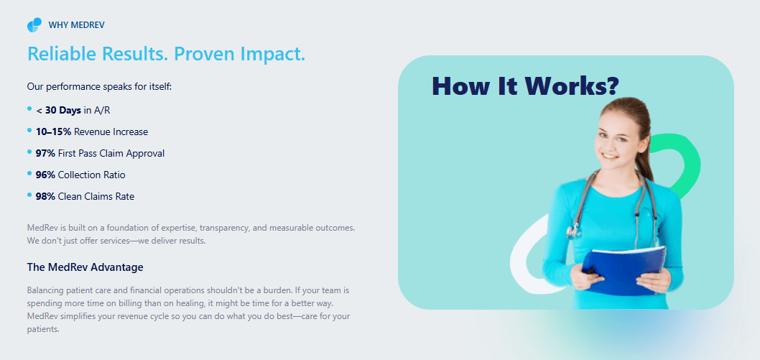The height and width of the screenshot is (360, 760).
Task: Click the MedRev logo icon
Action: [34, 24]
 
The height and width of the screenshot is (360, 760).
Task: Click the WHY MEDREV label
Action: [77, 24]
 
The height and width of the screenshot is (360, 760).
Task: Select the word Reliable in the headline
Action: [58, 53]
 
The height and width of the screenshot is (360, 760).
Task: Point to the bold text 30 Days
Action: [63, 111]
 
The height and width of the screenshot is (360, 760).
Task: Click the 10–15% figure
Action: [53, 131]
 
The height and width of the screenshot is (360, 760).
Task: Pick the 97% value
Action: [45, 154]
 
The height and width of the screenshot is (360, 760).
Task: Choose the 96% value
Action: [45, 175]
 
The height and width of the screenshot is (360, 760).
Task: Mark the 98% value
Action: [45, 197]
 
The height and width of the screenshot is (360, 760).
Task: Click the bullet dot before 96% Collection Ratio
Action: [29, 173]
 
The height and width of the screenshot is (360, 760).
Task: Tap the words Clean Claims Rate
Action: [96, 197]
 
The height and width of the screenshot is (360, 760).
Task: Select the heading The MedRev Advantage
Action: [85, 267]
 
